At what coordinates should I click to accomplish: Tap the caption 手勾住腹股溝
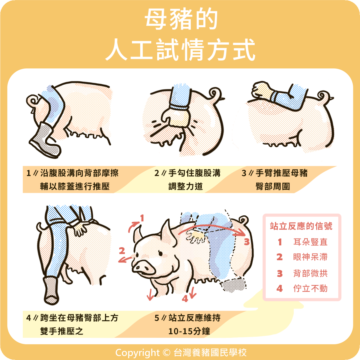[194, 173]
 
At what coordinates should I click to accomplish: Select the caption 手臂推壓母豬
[281, 173]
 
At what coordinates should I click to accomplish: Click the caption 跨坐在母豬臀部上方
[79, 318]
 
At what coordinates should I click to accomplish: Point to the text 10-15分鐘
[189, 331]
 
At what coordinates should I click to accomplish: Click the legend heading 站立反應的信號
[301, 226]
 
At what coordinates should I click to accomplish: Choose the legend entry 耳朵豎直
[310, 242]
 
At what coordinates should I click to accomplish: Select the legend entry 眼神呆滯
[310, 257]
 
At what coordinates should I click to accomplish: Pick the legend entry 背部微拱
[310, 273]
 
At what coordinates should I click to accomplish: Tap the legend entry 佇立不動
[310, 288]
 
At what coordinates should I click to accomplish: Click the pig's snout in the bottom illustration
[143, 268]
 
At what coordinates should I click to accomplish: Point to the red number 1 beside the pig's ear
[142, 218]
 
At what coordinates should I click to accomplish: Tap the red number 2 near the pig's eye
[122, 251]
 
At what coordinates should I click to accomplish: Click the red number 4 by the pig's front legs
[185, 299]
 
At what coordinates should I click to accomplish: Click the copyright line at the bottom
[181, 352]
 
